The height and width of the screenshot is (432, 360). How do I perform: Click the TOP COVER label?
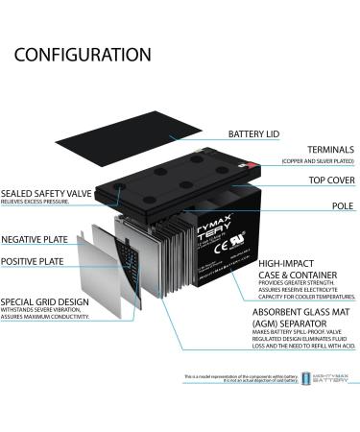[x=321, y=180]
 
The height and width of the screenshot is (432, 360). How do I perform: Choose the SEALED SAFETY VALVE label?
[x=47, y=193]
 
